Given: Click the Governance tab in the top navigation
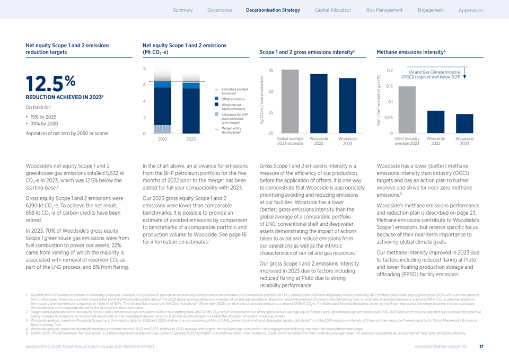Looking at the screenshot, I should tap(220, 10).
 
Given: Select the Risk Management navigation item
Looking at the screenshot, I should tap(384, 10).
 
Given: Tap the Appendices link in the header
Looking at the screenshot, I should tap(470, 11).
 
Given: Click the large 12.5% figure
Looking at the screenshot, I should tap(51, 84).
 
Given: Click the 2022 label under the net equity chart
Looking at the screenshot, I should tap(162, 139).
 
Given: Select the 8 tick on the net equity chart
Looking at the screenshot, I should tap(145, 68).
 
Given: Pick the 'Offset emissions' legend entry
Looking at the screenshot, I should tap(233, 99).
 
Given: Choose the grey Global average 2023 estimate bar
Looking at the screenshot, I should tap(290, 101).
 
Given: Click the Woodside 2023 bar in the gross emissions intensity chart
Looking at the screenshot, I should tap(347, 106).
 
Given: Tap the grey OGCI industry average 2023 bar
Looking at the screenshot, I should tap(407, 109).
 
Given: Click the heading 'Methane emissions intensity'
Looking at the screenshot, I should tap(410, 52).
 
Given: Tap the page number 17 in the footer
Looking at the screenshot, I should tap(481, 347).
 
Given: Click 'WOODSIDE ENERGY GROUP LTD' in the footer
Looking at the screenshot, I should tap(441, 347).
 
